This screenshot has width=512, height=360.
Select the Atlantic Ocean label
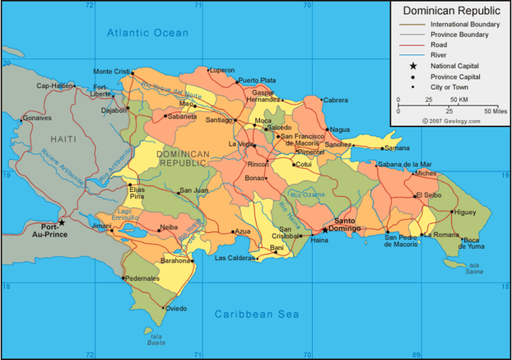[x=148, y=33]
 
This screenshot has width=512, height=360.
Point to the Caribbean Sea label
[x=256, y=314]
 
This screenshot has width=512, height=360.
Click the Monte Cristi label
[x=111, y=71]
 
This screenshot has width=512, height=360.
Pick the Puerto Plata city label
[x=257, y=80]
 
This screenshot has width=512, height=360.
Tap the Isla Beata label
[x=157, y=339]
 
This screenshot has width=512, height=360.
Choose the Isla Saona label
[x=475, y=269]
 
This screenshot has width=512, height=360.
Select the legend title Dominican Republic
[x=450, y=11]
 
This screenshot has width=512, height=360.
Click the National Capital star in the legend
[x=413, y=66]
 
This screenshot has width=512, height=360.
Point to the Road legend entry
[x=438, y=45]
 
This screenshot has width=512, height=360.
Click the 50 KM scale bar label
[x=458, y=100]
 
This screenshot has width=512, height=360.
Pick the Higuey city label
[x=464, y=212]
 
